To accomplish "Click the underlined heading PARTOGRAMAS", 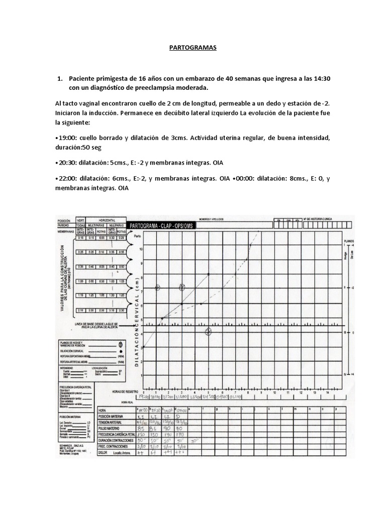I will point(193,48).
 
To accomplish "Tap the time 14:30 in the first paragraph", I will point(321,79).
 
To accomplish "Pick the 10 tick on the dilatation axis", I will point(141,249).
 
